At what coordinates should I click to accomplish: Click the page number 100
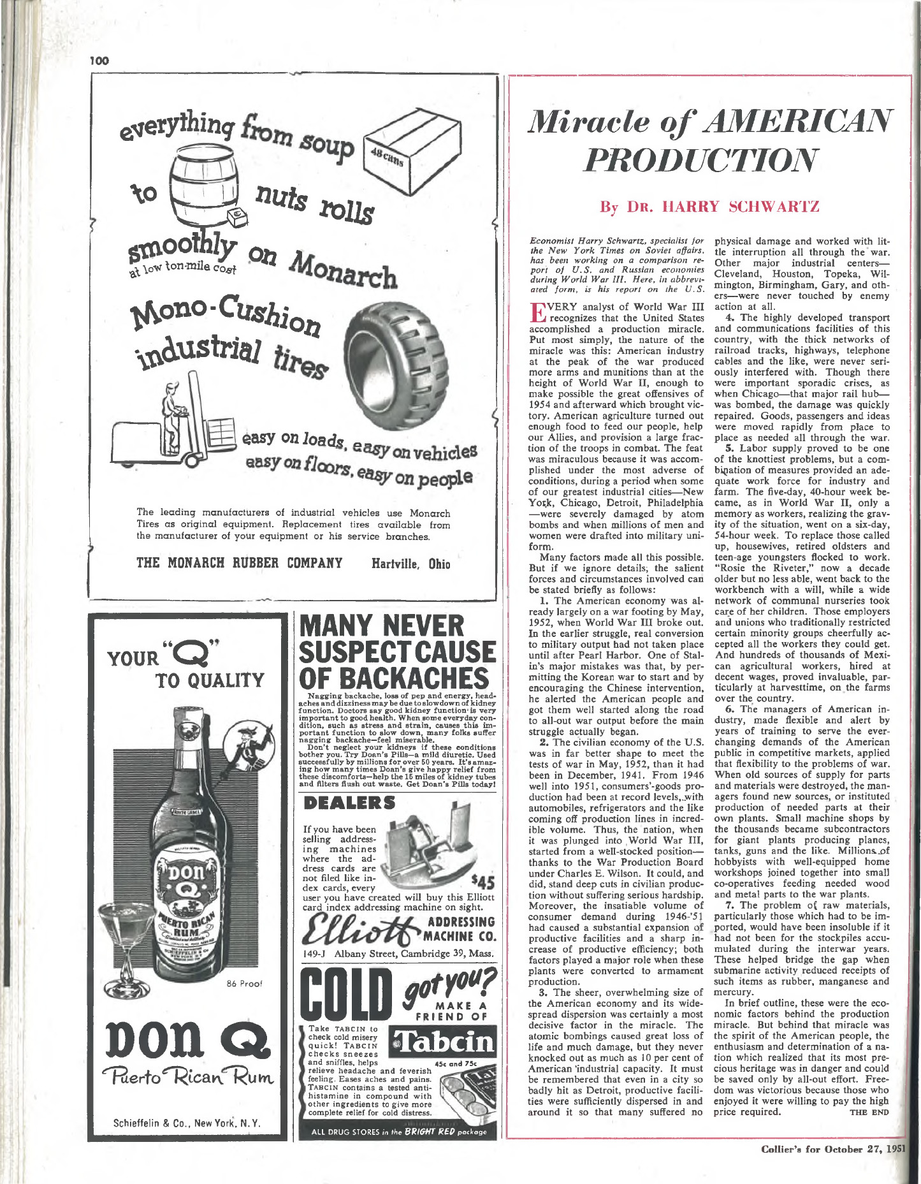click(99, 61)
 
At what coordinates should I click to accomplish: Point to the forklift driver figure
click(171, 415)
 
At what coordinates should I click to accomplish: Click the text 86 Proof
click(244, 983)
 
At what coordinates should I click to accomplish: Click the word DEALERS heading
click(349, 803)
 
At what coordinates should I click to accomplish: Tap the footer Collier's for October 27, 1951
click(832, 1149)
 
